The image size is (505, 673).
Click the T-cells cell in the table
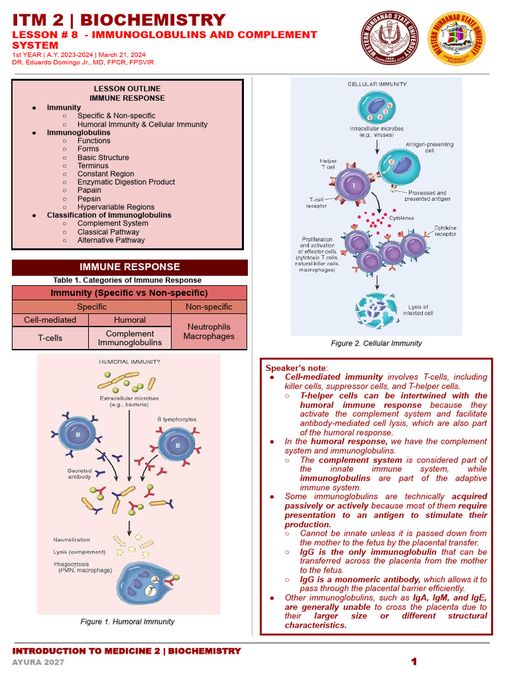(x=50, y=338)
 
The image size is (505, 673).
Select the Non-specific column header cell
(x=208, y=307)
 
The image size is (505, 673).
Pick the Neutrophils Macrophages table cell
(x=208, y=331)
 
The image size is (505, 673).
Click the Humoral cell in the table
(x=130, y=320)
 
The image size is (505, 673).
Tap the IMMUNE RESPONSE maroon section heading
(x=130, y=267)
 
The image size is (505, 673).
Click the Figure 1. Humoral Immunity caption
(x=128, y=622)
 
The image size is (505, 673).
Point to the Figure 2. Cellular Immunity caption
(x=376, y=343)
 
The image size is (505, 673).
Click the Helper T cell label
(x=327, y=164)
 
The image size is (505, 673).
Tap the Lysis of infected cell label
(x=420, y=310)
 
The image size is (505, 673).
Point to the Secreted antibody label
(x=80, y=475)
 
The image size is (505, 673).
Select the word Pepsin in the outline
(x=89, y=198)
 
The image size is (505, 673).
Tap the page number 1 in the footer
(x=414, y=662)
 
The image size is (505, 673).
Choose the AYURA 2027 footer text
(x=38, y=662)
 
